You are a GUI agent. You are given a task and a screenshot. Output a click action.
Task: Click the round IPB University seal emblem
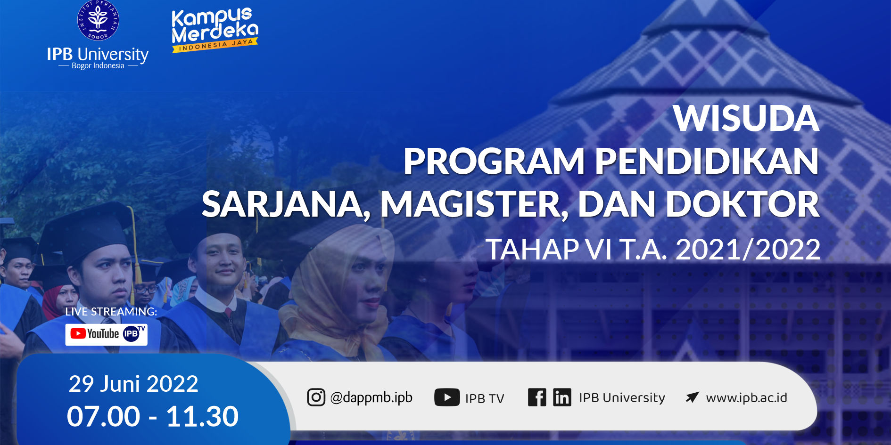coord(98,20)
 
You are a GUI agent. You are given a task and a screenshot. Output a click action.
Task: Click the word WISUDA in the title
coord(746,118)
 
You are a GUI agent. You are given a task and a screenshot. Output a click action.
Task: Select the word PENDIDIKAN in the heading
coord(707,161)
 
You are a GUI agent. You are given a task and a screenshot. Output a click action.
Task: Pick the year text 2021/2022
coord(748,249)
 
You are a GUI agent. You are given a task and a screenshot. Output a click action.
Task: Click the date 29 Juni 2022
coord(133,384)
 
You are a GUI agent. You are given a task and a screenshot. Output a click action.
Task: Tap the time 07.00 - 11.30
coord(153,416)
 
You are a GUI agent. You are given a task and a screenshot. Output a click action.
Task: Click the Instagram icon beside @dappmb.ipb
coord(316,397)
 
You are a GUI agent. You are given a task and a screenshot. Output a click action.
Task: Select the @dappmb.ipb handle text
coord(371,398)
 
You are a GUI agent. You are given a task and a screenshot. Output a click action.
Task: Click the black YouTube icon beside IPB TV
coord(447,397)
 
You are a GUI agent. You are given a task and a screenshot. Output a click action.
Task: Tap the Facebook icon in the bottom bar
coord(537,397)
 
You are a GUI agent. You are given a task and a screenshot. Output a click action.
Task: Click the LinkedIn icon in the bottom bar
coord(562,397)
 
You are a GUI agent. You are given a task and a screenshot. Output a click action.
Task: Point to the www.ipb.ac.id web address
coord(747,398)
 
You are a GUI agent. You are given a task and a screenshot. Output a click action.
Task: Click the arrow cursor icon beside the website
coord(692,397)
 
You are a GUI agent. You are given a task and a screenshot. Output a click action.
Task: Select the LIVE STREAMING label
coord(111,312)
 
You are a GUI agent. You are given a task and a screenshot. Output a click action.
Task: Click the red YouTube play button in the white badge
coord(78,333)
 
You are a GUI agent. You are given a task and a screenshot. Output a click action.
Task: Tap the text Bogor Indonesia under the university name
coord(98,66)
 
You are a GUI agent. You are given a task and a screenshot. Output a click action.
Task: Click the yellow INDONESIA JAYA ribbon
coord(215,45)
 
